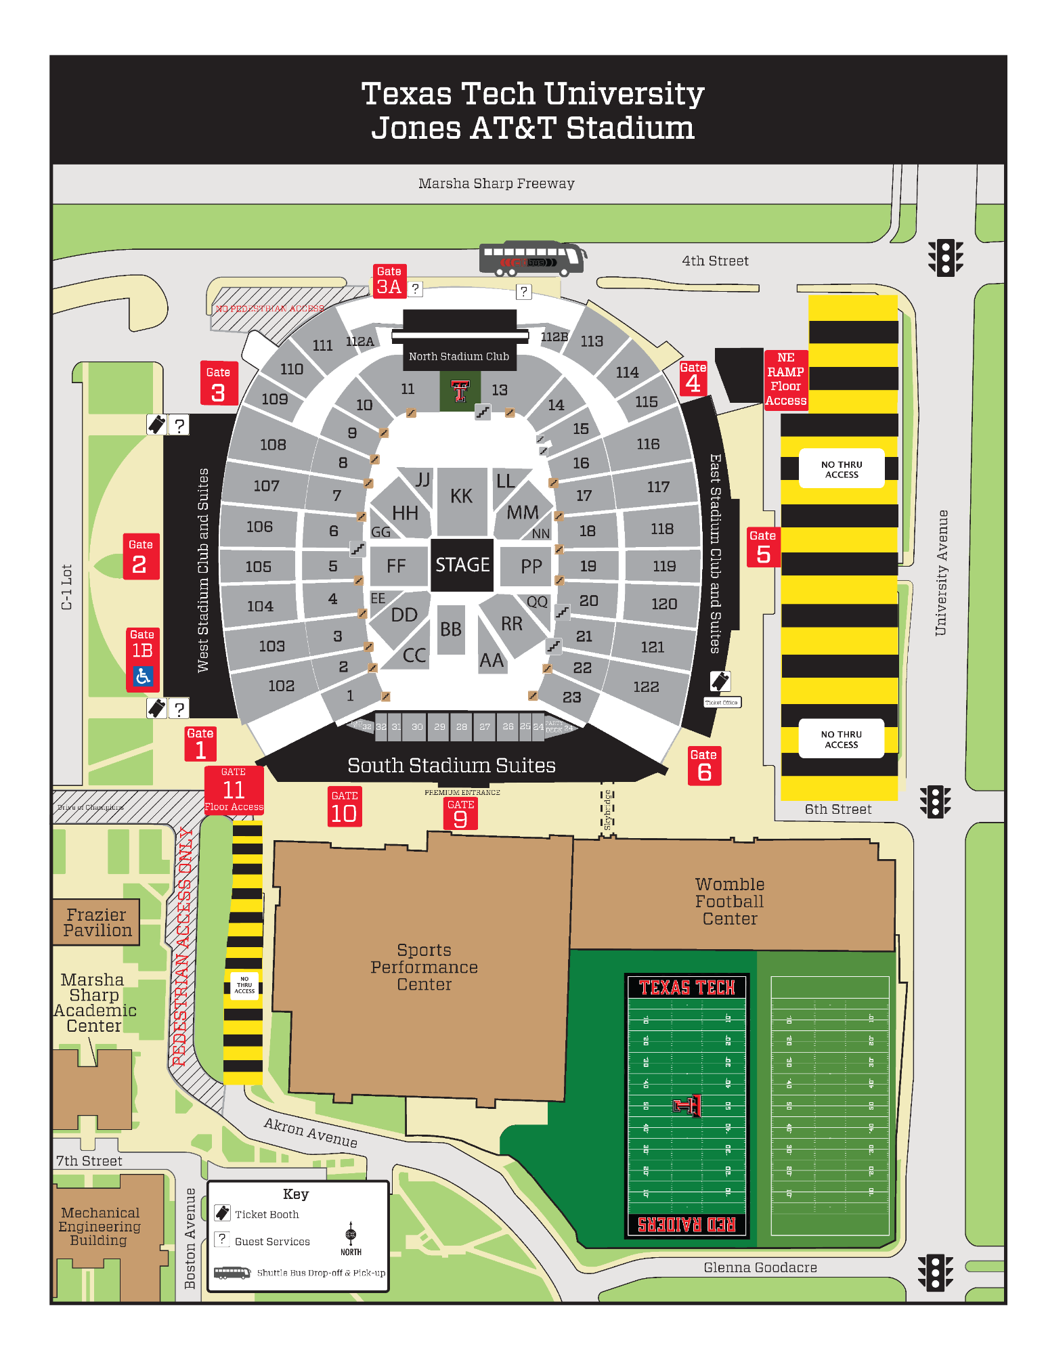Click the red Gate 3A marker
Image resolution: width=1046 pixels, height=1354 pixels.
point(389,281)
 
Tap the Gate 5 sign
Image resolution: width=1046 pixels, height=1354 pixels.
point(763,547)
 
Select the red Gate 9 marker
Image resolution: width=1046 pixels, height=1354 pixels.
point(460,814)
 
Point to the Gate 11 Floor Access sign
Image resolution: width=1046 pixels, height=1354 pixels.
point(234,789)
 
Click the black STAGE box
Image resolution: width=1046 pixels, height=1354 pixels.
point(462,565)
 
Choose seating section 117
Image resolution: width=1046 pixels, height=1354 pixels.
point(657,487)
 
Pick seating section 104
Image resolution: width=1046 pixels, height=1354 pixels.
point(260,606)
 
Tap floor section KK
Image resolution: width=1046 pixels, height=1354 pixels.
point(461,497)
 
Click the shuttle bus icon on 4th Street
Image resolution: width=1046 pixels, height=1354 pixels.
point(532,259)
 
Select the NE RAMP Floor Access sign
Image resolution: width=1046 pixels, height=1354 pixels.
point(785,379)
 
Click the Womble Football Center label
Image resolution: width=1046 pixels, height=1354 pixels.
point(729,901)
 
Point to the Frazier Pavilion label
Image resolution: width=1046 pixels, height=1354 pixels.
point(97,922)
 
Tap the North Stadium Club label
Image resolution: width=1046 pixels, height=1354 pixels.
point(459,356)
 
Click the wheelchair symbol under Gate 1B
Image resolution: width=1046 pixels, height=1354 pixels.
point(143,676)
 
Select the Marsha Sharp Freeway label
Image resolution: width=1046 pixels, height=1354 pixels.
point(496,183)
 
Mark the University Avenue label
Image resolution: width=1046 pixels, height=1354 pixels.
point(940,572)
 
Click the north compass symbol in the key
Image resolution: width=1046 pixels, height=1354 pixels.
point(351,1235)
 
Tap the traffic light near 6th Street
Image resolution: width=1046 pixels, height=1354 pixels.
point(935,802)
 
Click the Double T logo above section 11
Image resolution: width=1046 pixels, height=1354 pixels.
point(460,392)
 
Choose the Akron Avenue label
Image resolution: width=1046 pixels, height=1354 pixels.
point(310,1132)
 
